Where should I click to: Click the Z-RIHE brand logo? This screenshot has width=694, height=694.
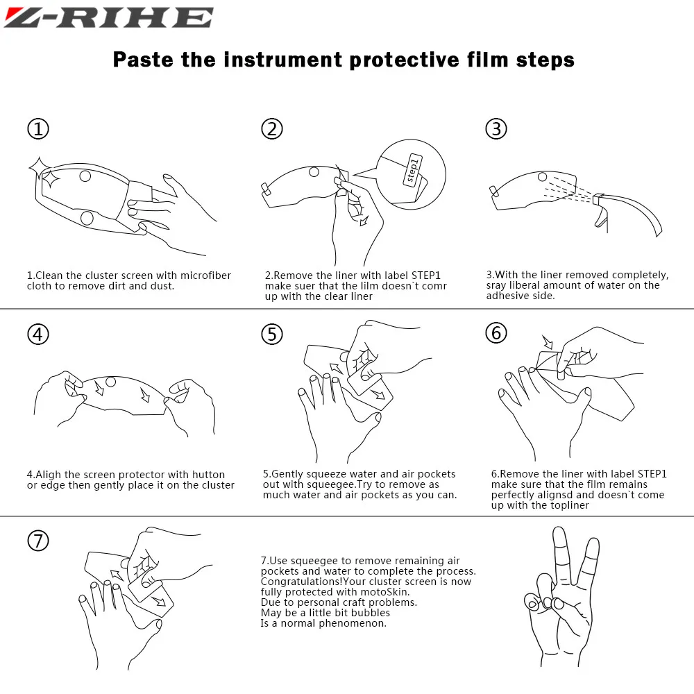pyautogui.click(x=109, y=18)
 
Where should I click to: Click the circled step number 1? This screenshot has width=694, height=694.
pyautogui.click(x=38, y=129)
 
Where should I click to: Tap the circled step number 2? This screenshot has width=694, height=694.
pyautogui.click(x=272, y=129)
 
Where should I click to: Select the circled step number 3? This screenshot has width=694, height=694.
pyautogui.click(x=496, y=129)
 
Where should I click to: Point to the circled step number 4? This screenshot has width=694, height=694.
pyautogui.click(x=38, y=335)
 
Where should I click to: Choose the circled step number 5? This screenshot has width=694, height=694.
pyautogui.click(x=272, y=335)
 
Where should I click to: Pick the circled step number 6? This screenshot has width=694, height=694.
pyautogui.click(x=496, y=333)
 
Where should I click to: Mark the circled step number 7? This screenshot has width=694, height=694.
pyautogui.click(x=38, y=541)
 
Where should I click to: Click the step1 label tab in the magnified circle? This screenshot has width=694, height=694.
pyautogui.click(x=412, y=170)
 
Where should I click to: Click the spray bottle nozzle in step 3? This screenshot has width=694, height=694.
pyautogui.click(x=598, y=199)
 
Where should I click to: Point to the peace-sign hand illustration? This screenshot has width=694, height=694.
pyautogui.click(x=559, y=596)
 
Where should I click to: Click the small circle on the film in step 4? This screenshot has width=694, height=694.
pyautogui.click(x=110, y=382)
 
